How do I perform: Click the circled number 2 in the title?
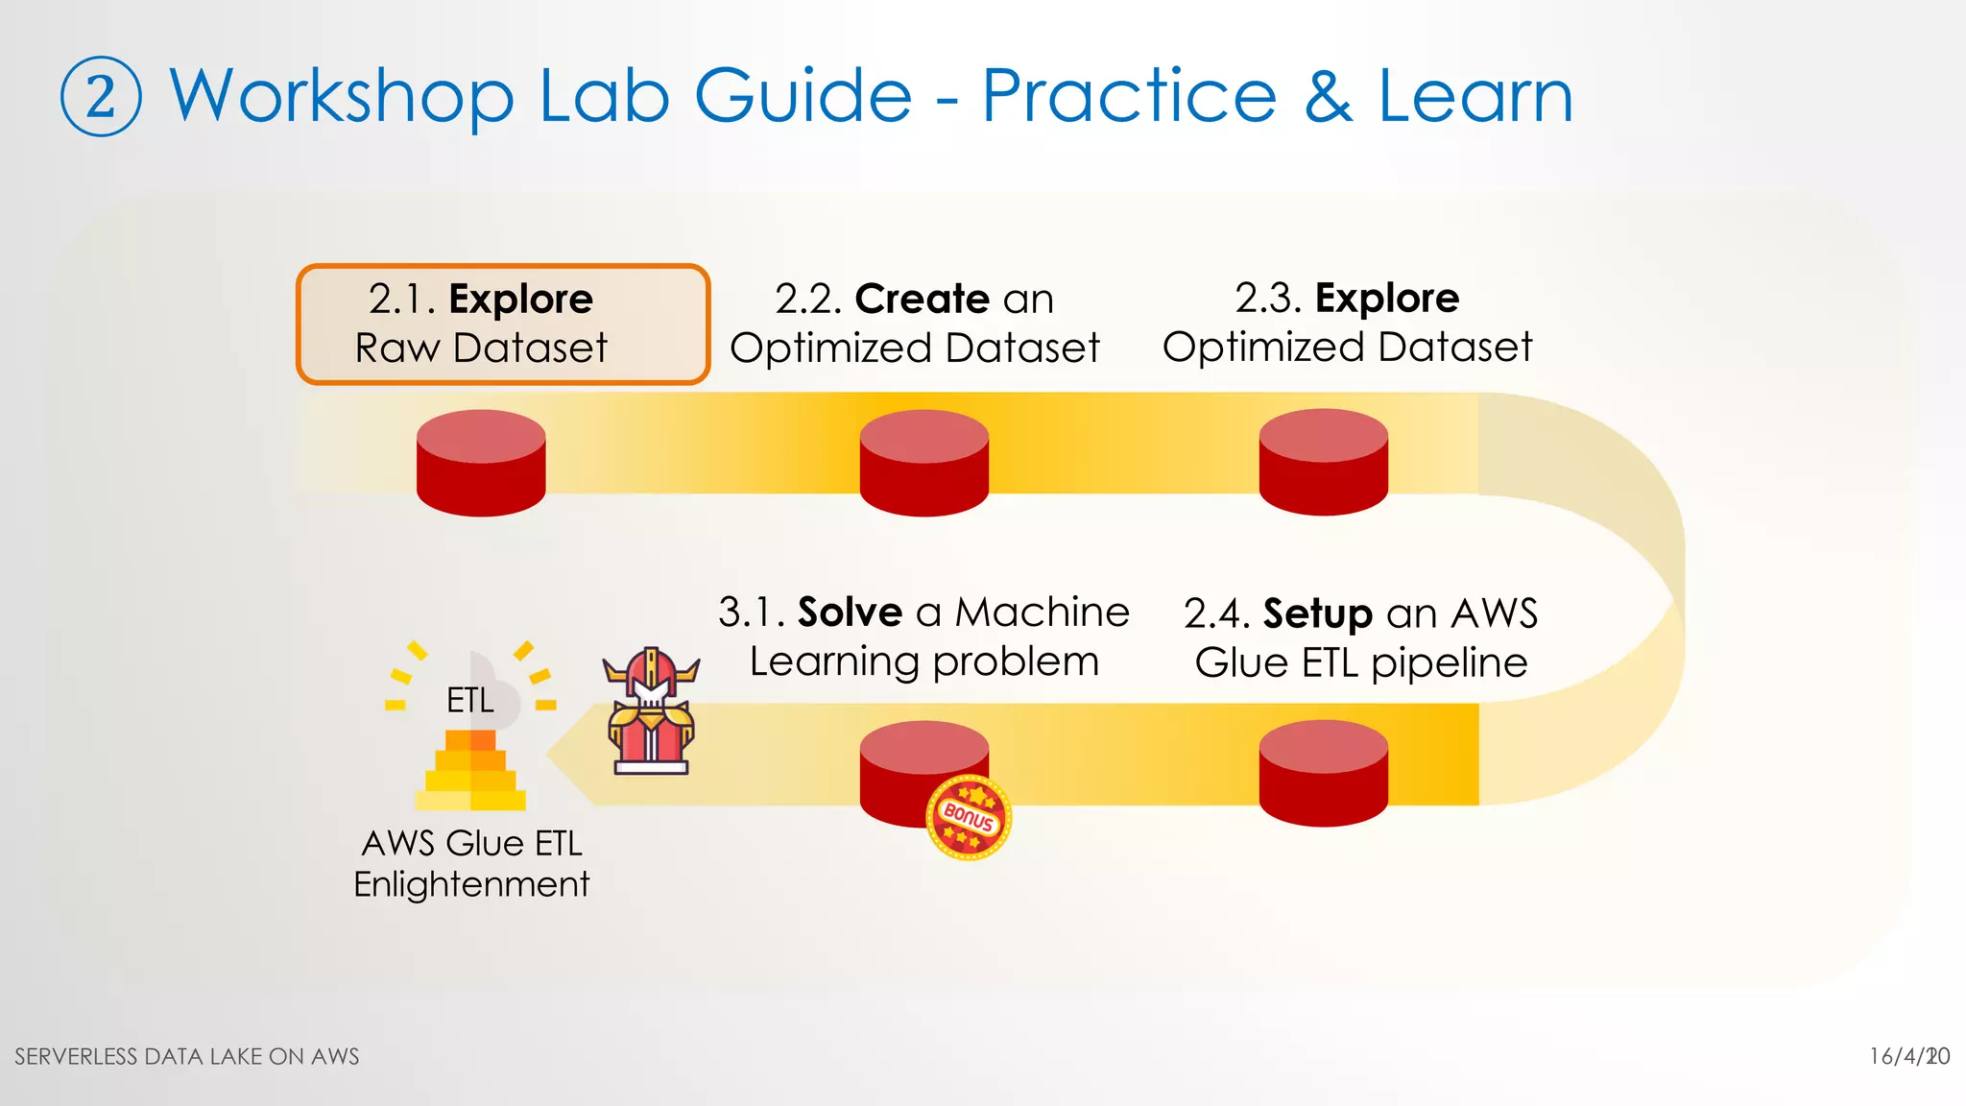coord(101,97)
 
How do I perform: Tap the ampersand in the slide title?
coord(1328,96)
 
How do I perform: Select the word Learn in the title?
coord(1475,96)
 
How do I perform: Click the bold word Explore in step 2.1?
coord(520,300)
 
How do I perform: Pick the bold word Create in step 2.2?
coord(922,299)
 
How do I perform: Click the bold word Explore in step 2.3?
coord(1386,298)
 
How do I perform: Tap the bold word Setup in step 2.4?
coord(1317,613)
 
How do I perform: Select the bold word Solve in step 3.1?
coord(850,612)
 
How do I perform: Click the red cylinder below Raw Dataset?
coord(481,463)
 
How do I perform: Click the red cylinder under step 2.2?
coord(923,463)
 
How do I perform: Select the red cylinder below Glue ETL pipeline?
coord(1323,773)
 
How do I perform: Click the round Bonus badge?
coord(969,817)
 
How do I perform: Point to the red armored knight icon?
coord(650,712)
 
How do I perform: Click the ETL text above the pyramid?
coord(469,700)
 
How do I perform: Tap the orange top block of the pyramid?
coord(470,740)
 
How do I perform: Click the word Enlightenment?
coord(470,884)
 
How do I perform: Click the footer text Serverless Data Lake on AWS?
coord(187,1056)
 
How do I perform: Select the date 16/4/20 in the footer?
coord(1908,1056)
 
